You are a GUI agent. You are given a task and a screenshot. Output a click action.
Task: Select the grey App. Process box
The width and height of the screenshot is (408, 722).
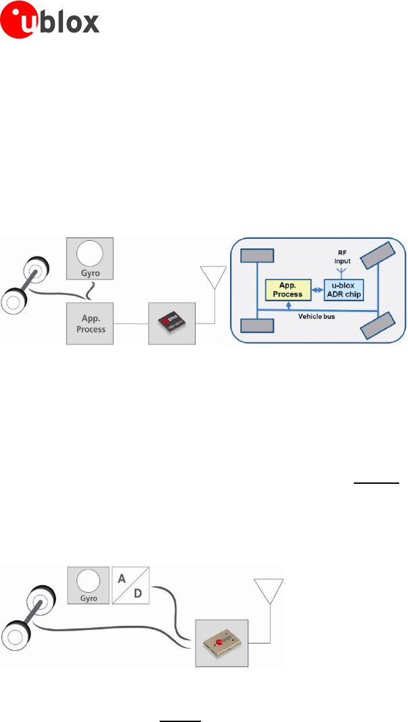tap(90, 321)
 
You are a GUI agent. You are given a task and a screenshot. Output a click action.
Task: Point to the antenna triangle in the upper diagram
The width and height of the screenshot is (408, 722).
tap(213, 277)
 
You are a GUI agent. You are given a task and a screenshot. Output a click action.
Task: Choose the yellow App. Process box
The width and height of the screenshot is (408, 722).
tap(284, 290)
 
